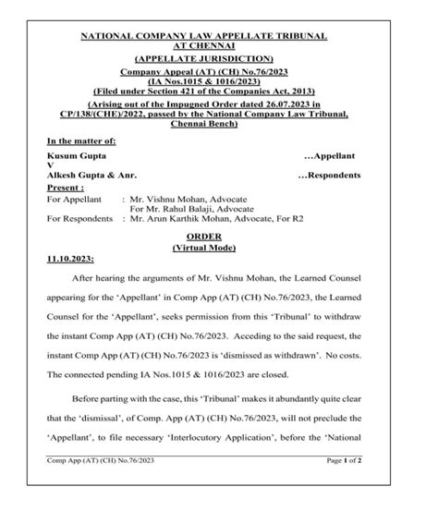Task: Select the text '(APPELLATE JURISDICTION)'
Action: [x=218, y=57]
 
